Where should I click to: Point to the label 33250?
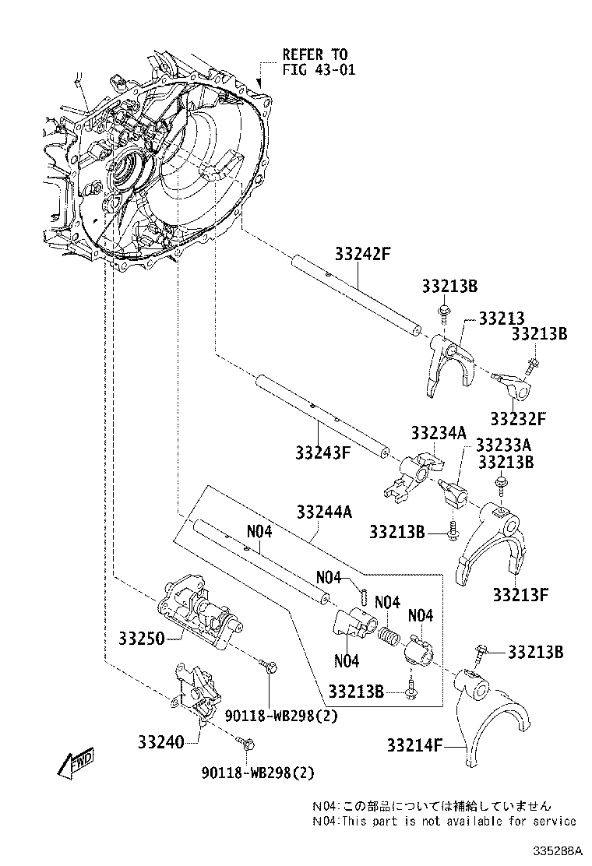[x=141, y=639]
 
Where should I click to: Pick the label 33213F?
[x=520, y=595]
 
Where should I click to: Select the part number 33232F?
[x=518, y=419]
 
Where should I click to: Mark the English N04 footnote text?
[x=444, y=821]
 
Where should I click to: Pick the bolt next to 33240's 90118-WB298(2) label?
[x=247, y=745]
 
